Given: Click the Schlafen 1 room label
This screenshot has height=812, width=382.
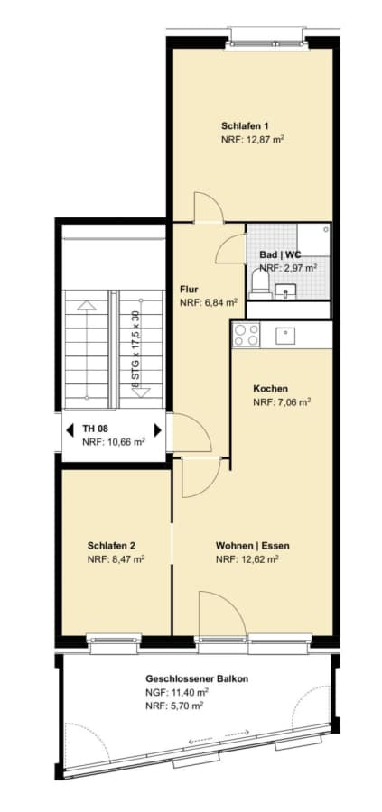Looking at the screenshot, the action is coord(245,125).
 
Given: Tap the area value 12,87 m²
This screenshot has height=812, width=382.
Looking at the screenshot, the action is coord(263,139).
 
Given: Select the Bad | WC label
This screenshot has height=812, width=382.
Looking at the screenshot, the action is coord(280,255).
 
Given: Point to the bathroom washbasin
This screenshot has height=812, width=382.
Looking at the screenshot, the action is coord(285,292).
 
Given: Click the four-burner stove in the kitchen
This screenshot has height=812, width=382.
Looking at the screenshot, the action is coord(246,334).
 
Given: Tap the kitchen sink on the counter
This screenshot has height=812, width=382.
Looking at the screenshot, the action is coord(285,337).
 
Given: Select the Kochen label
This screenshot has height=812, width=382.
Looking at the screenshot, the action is coord(271,388).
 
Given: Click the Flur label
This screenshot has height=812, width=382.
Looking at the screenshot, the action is coord(189,289).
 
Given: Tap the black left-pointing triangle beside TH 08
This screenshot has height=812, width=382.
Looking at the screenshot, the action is coord(70,429).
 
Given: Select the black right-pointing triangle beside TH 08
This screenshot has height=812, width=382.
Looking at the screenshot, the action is coord(157,429).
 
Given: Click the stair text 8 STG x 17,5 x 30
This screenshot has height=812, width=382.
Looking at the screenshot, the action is coord(135,349).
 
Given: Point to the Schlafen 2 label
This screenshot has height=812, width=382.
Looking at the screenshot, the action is coord(111,545).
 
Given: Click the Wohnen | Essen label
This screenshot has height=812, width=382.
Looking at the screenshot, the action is coord(253,545).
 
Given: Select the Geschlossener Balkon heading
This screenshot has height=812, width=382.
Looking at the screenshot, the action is coord(189,678).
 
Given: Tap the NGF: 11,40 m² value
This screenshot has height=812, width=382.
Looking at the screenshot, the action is coord(177,692).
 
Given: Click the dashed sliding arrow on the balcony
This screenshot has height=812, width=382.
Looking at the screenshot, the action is coord(219,737).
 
